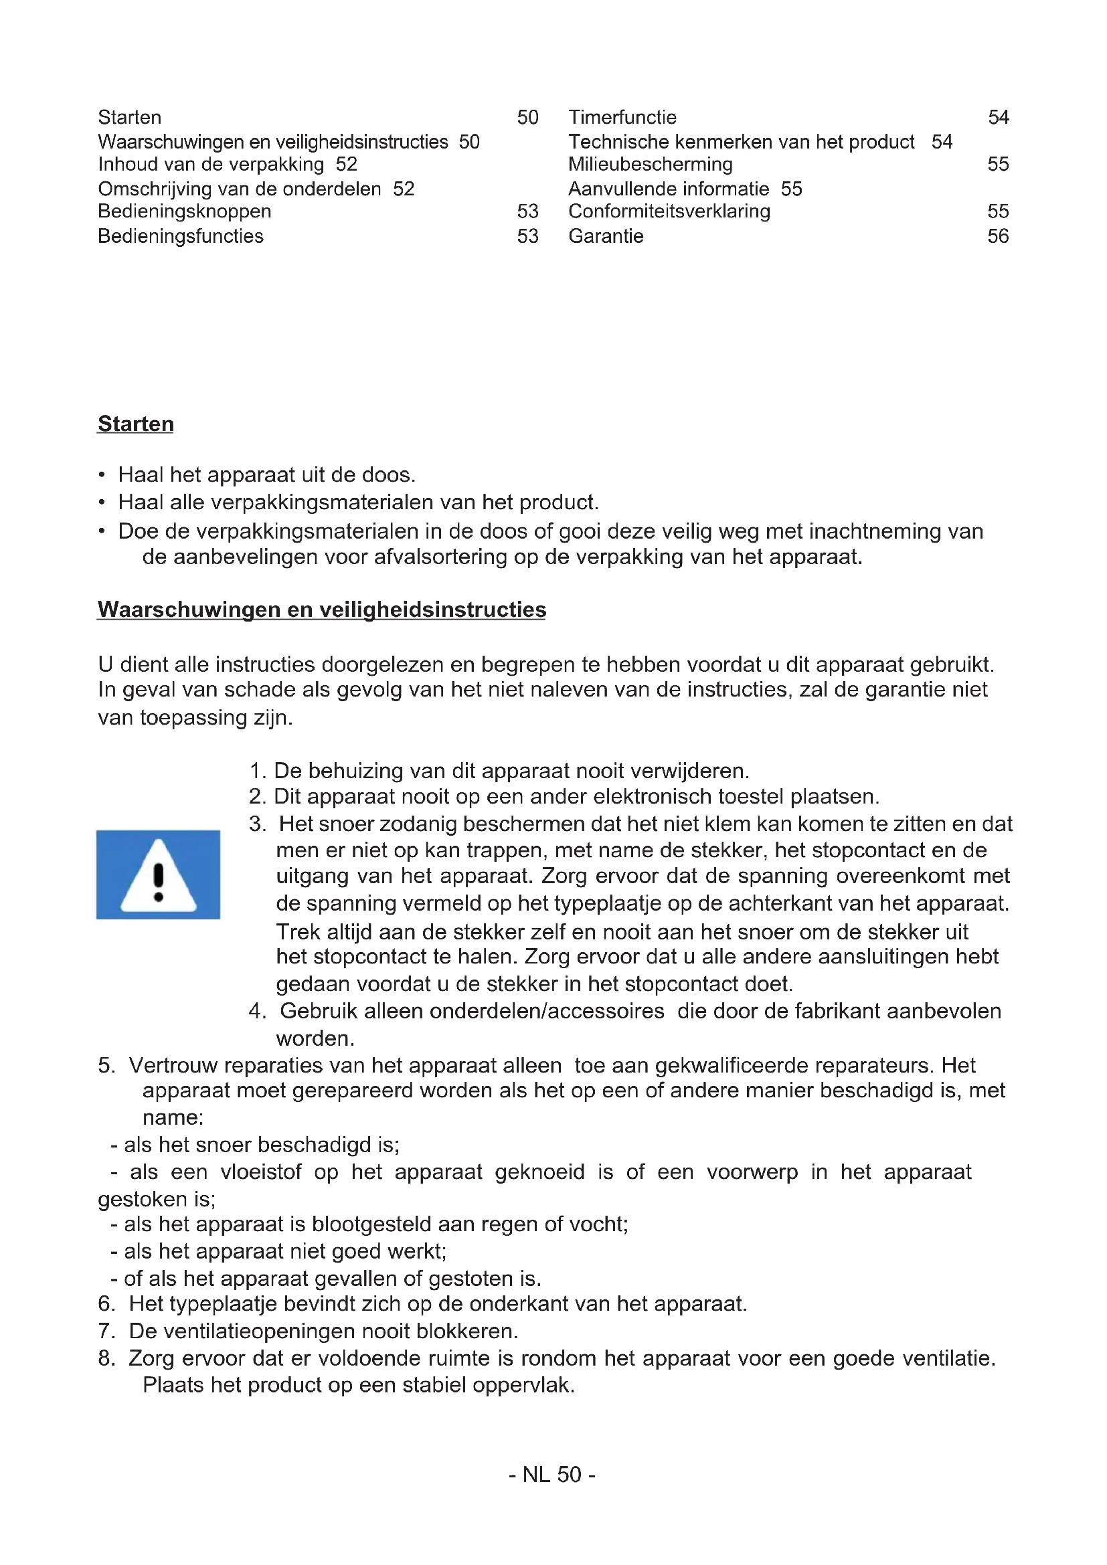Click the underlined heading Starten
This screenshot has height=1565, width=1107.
(x=136, y=424)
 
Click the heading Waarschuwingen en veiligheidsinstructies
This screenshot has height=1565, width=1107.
(x=322, y=610)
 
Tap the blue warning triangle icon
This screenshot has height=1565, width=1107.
(x=158, y=874)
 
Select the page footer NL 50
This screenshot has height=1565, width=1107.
(x=552, y=1475)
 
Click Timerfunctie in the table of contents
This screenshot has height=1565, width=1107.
(x=622, y=117)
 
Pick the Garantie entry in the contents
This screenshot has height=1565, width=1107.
(x=606, y=236)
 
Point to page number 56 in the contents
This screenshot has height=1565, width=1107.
(x=998, y=236)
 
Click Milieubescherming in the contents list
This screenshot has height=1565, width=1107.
(x=651, y=165)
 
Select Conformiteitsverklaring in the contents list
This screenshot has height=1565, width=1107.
(x=669, y=211)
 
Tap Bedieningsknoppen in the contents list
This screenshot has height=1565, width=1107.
(x=185, y=211)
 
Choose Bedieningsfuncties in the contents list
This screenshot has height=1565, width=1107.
(x=181, y=236)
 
